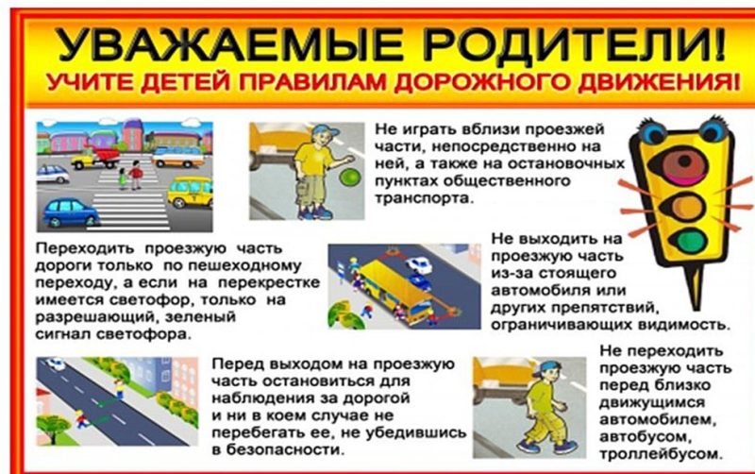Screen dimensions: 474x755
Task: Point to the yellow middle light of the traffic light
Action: pyautogui.click(x=686, y=204)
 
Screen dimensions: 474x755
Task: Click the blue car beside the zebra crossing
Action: pyautogui.click(x=71, y=211)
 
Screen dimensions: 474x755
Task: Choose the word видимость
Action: pyautogui.click(x=684, y=323)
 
